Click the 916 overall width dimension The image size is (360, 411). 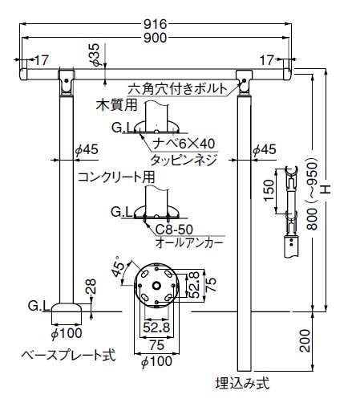point(156,24)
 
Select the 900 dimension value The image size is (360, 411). point(156,38)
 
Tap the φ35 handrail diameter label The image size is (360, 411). point(95,55)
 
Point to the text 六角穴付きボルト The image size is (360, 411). point(177,88)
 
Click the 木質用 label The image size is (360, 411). point(116,104)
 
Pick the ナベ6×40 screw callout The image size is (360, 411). point(184,144)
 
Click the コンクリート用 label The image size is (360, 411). point(116,177)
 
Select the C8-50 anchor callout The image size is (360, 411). point(174,230)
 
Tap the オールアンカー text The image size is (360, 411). point(189,243)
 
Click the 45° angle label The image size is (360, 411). point(118,266)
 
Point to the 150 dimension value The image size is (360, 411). point(269,190)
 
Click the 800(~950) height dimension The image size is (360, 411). point(312,194)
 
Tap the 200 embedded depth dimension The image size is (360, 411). point(305,340)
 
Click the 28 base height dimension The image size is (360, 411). point(91,287)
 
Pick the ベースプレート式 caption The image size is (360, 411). point(68,356)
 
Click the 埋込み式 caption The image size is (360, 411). point(243,383)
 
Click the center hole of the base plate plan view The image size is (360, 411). point(156,286)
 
